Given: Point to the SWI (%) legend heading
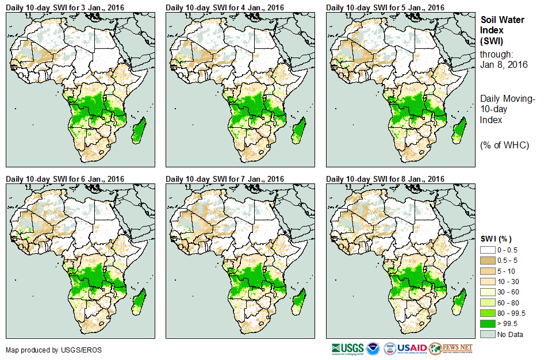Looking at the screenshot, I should [x=496, y=239].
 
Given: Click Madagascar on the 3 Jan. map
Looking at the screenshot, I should [x=139, y=129].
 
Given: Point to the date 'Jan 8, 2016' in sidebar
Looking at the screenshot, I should [x=504, y=64].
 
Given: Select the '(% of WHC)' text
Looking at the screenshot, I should [x=504, y=144].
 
